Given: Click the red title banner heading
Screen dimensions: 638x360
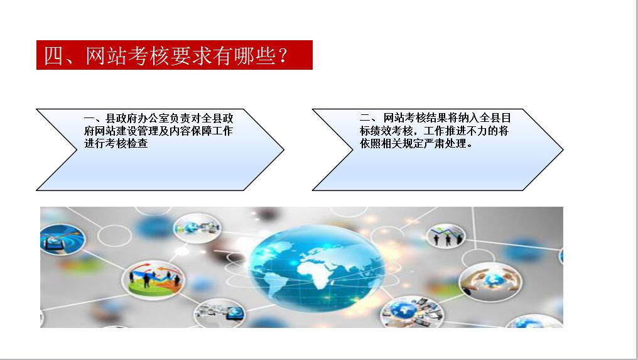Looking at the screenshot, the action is (x=174, y=55).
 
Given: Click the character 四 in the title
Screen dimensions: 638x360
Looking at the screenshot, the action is (x=54, y=56).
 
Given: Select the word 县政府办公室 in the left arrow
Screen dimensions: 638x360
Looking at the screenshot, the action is (x=138, y=119).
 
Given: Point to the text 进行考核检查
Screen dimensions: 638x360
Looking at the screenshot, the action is (x=116, y=143).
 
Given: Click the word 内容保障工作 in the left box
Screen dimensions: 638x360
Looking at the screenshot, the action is (x=201, y=131).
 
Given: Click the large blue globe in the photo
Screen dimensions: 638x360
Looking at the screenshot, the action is (x=316, y=268).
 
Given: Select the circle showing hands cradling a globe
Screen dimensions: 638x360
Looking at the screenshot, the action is (x=490, y=282).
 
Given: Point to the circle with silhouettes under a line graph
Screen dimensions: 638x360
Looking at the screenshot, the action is (x=446, y=236).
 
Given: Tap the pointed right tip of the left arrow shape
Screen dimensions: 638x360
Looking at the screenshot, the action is (x=284, y=150).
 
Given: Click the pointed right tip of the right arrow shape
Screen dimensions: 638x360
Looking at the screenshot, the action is (x=563, y=150).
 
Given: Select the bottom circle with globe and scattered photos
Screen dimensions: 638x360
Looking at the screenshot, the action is (x=412, y=312).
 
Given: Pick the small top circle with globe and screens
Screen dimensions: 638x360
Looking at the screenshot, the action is (x=197, y=228).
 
